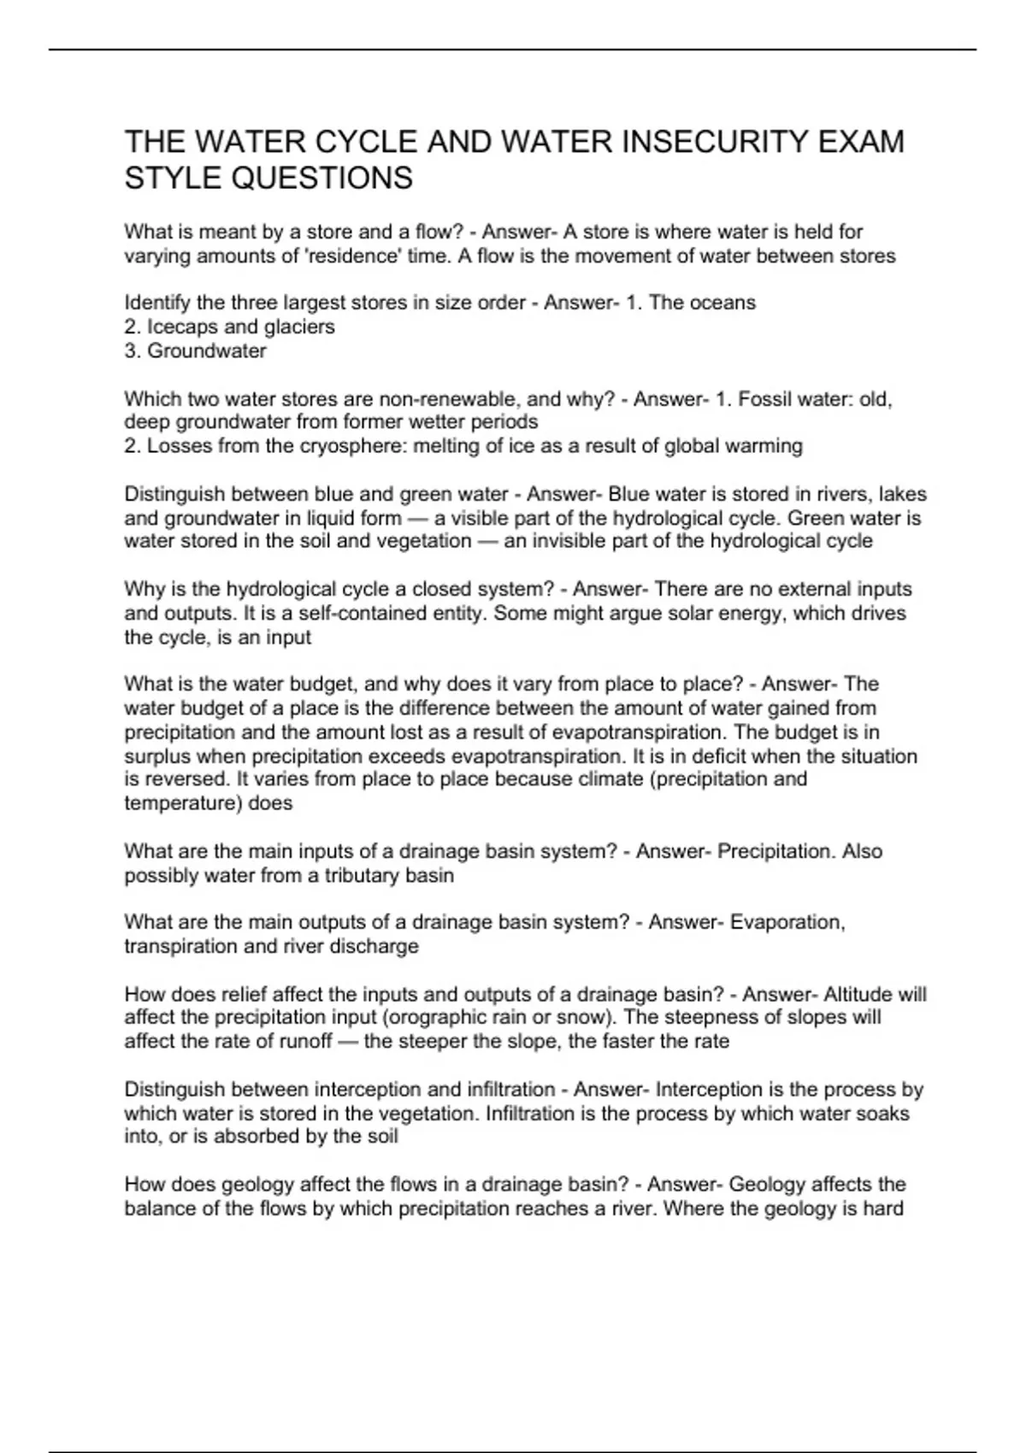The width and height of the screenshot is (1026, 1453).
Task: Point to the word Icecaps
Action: tap(182, 326)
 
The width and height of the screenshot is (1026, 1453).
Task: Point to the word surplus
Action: tap(158, 756)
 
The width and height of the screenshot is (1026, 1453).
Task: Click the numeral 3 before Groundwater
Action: tap(130, 350)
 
